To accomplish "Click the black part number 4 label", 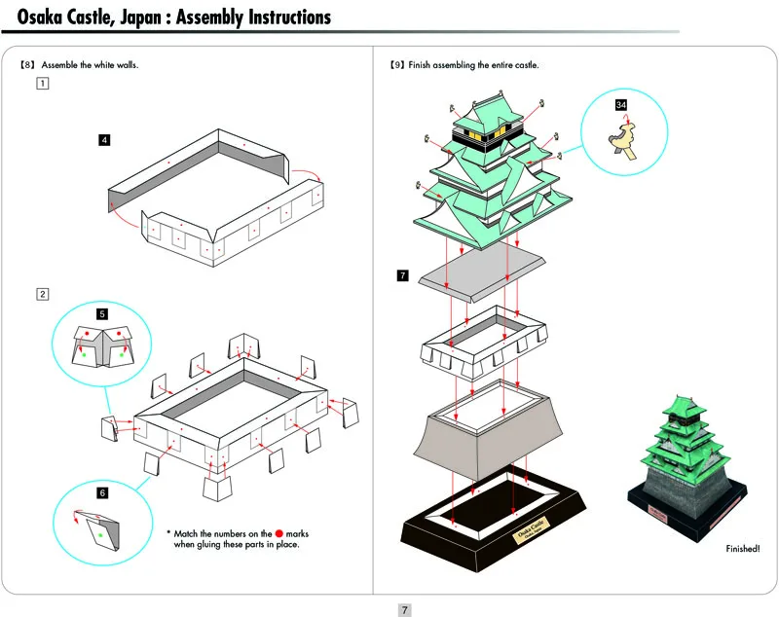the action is click(x=104, y=140).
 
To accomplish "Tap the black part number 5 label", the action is click(x=102, y=313).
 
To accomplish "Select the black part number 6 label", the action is click(x=102, y=492).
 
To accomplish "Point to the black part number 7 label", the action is click(x=402, y=275).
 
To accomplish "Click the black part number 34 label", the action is click(x=621, y=105).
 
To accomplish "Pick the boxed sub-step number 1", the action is click(x=43, y=84).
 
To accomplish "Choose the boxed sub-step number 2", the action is click(x=43, y=294).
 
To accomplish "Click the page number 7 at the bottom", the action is click(x=405, y=610).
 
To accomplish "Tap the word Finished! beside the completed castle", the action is click(x=743, y=549).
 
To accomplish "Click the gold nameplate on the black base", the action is click(x=532, y=530).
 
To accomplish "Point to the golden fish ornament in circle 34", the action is click(x=622, y=141).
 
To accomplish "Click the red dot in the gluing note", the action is click(x=279, y=533).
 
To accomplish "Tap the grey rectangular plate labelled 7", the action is click(x=482, y=274).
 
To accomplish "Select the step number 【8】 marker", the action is click(x=27, y=65).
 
